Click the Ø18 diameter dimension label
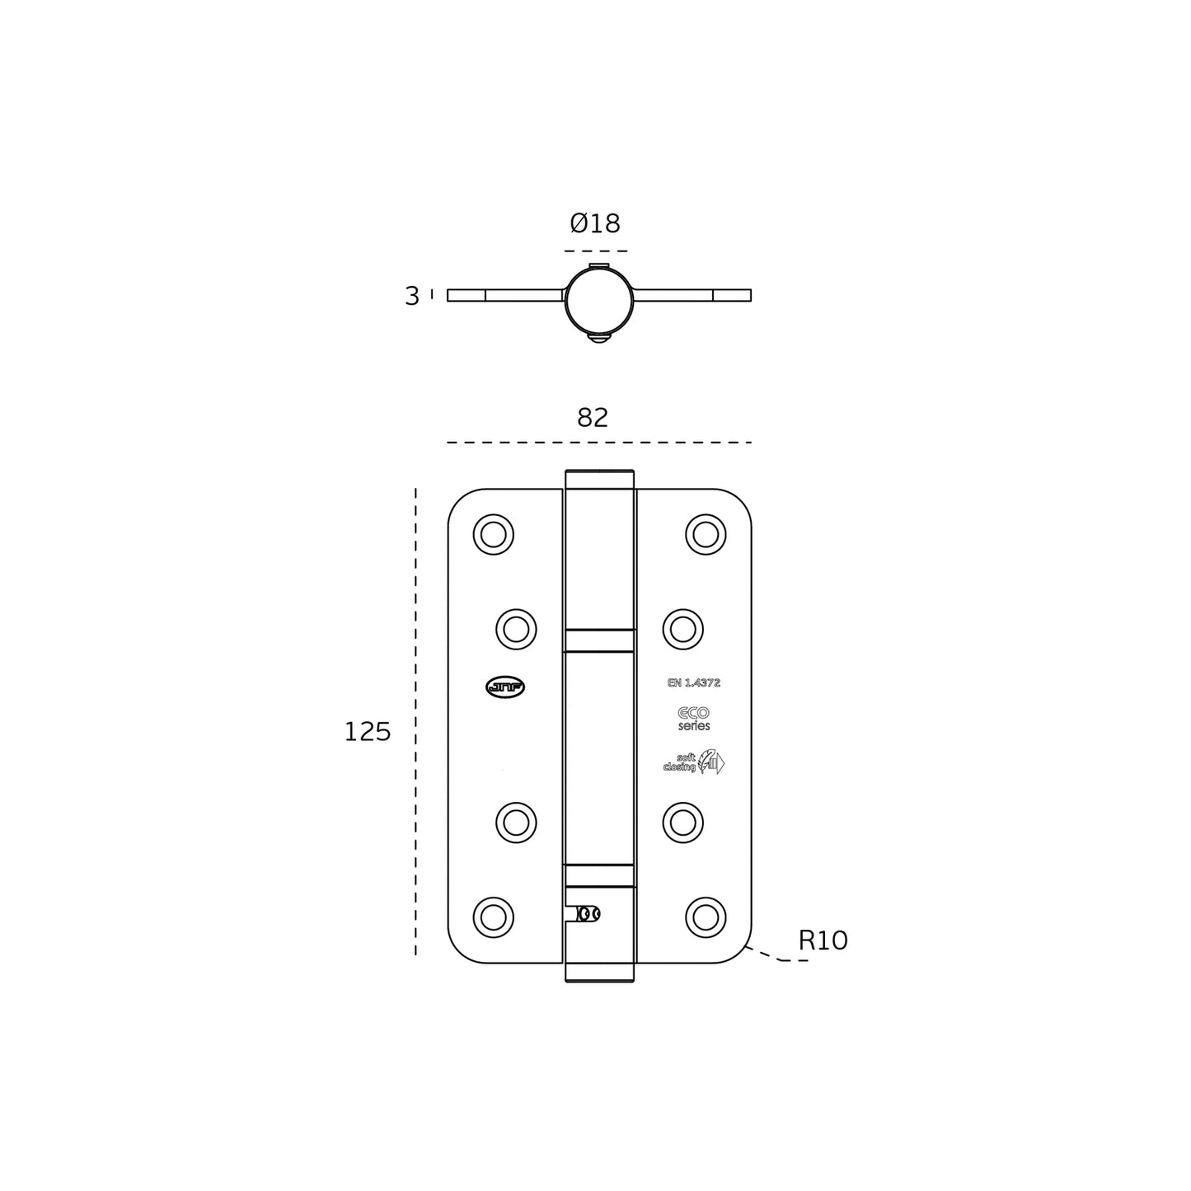pyautogui.click(x=594, y=223)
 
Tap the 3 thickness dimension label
pyautogui.click(x=412, y=296)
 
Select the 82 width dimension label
pyautogui.click(x=593, y=418)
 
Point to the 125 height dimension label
pyautogui.click(x=367, y=732)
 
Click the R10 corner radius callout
pyautogui.click(x=823, y=940)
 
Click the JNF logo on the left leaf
pyautogui.click(x=505, y=687)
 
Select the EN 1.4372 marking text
pyautogui.click(x=693, y=682)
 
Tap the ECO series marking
pyautogui.click(x=693, y=719)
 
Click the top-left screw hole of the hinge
pyautogui.click(x=493, y=534)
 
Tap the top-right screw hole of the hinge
pyautogui.click(x=706, y=534)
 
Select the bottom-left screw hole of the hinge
pyautogui.click(x=493, y=917)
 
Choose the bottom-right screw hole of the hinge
pyautogui.click(x=706, y=917)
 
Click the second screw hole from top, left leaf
pyautogui.click(x=516, y=630)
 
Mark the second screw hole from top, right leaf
pyautogui.click(x=682, y=630)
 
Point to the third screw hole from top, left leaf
pyautogui.click(x=516, y=822)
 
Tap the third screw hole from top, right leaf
pyautogui.click(x=682, y=822)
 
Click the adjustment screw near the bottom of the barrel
pyautogui.click(x=588, y=914)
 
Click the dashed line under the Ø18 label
pyautogui.click(x=596, y=251)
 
